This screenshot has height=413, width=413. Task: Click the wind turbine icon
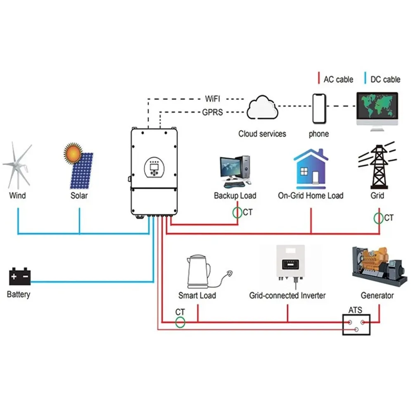click(x=17, y=166)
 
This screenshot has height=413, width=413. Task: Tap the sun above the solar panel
click(x=73, y=154)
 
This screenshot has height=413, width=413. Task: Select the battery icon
click(x=20, y=276)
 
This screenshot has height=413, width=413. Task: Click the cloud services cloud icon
click(x=262, y=107)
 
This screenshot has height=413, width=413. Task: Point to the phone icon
click(x=319, y=109)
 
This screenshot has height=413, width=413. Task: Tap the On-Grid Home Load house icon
click(x=311, y=169)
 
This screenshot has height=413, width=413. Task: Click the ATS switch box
click(x=356, y=325)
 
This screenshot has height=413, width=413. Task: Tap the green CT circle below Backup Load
click(x=237, y=213)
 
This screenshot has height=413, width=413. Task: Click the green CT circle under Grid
click(x=378, y=218)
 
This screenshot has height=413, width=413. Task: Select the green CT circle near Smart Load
click(x=180, y=322)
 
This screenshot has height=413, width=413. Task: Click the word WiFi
click(x=212, y=99)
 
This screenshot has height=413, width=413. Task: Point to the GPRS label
click(x=212, y=112)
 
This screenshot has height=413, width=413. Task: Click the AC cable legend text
click(x=338, y=79)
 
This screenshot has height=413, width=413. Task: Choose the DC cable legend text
click(x=385, y=79)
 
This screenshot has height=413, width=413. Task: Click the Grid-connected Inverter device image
click(x=290, y=263)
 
